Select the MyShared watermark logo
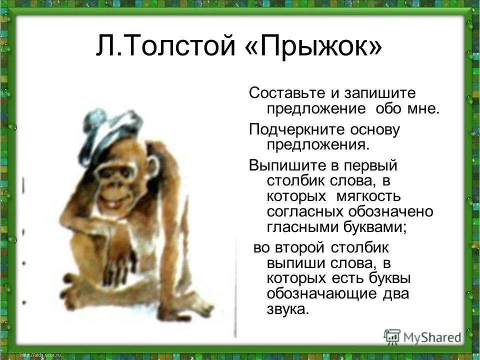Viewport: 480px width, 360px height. tap(422, 336)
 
